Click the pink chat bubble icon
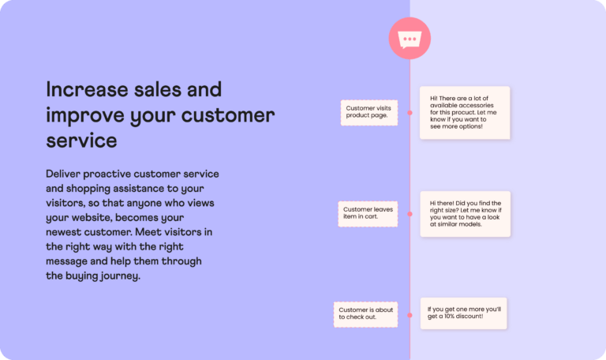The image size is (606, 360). coord(410,39)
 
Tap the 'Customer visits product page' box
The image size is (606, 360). coord(368,112)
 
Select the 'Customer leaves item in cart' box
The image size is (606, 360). coord(368,213)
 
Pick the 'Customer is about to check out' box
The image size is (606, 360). coord(365,313)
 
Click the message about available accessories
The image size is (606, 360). coord(464,112)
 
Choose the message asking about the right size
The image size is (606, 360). coord(465,213)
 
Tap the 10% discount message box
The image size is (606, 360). coord(463,313)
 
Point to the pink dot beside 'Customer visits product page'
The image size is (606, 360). coord(410,113)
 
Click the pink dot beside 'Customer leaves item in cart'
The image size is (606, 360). coord(410,213)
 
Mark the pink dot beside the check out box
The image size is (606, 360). coord(410,313)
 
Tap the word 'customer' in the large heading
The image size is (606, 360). coord(228,115)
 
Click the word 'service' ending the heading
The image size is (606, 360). coord(81,141)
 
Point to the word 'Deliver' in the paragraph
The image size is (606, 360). coord(65,173)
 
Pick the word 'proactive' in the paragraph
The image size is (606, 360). coord(114,173)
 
